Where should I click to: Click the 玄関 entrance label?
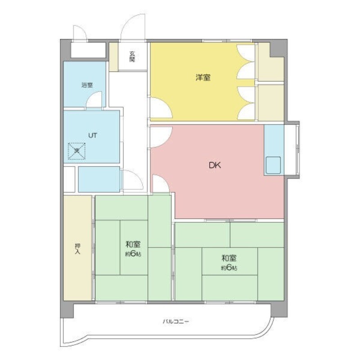click(x=132, y=57)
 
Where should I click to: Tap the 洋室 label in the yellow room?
click(x=203, y=77)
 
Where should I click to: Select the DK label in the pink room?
click(x=215, y=165)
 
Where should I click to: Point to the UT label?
click(x=93, y=135)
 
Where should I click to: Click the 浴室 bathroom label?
click(x=87, y=85)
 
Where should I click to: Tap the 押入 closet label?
click(x=78, y=249)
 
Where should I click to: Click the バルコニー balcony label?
click(x=176, y=321)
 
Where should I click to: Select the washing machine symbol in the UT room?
click(x=76, y=151)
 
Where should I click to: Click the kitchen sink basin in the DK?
click(x=273, y=165)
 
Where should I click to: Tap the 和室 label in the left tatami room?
click(x=133, y=244)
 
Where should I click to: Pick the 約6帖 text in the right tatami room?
click(x=229, y=268)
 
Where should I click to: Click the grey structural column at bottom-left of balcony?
click(x=67, y=310)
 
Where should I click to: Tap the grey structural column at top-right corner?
click(x=279, y=48)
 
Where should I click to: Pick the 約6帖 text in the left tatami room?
click(x=133, y=254)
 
